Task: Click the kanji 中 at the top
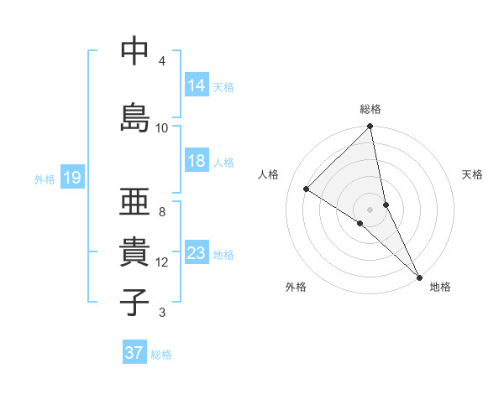click(x=134, y=52)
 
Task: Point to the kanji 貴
click(x=134, y=252)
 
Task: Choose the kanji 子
click(x=134, y=302)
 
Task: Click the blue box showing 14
click(x=197, y=86)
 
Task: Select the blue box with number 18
click(x=197, y=161)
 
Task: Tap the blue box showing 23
click(x=197, y=253)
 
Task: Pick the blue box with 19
click(x=71, y=178)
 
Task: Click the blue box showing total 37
click(x=134, y=353)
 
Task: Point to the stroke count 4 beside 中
click(x=162, y=61)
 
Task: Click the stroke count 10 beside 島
click(x=162, y=128)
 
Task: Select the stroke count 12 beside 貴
click(x=162, y=262)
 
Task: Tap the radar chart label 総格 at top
click(x=370, y=109)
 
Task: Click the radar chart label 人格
click(x=269, y=174)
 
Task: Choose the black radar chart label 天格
click(x=473, y=174)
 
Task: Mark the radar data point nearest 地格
click(x=419, y=276)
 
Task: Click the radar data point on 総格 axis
click(x=370, y=127)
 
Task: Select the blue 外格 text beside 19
click(x=45, y=179)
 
